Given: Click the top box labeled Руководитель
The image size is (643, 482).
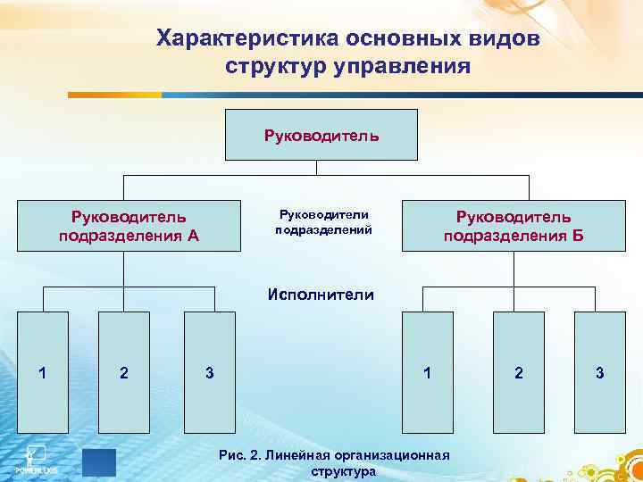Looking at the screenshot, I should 321,134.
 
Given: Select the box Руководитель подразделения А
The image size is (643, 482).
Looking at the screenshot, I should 129,225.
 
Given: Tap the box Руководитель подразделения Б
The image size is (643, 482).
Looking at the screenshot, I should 514,225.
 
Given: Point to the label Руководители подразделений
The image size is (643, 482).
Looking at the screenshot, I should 322,221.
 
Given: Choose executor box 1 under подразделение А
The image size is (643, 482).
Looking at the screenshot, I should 43,372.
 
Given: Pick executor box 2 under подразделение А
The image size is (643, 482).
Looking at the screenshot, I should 123,372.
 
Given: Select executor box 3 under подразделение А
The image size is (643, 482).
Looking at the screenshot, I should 209,372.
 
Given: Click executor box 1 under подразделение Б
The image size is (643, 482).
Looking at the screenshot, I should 429,372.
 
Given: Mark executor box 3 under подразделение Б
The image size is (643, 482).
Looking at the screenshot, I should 600,372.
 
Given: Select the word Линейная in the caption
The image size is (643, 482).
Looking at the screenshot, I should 292,456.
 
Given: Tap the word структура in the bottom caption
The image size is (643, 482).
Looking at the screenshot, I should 343,471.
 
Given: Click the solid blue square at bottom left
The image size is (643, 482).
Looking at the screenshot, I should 99,463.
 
